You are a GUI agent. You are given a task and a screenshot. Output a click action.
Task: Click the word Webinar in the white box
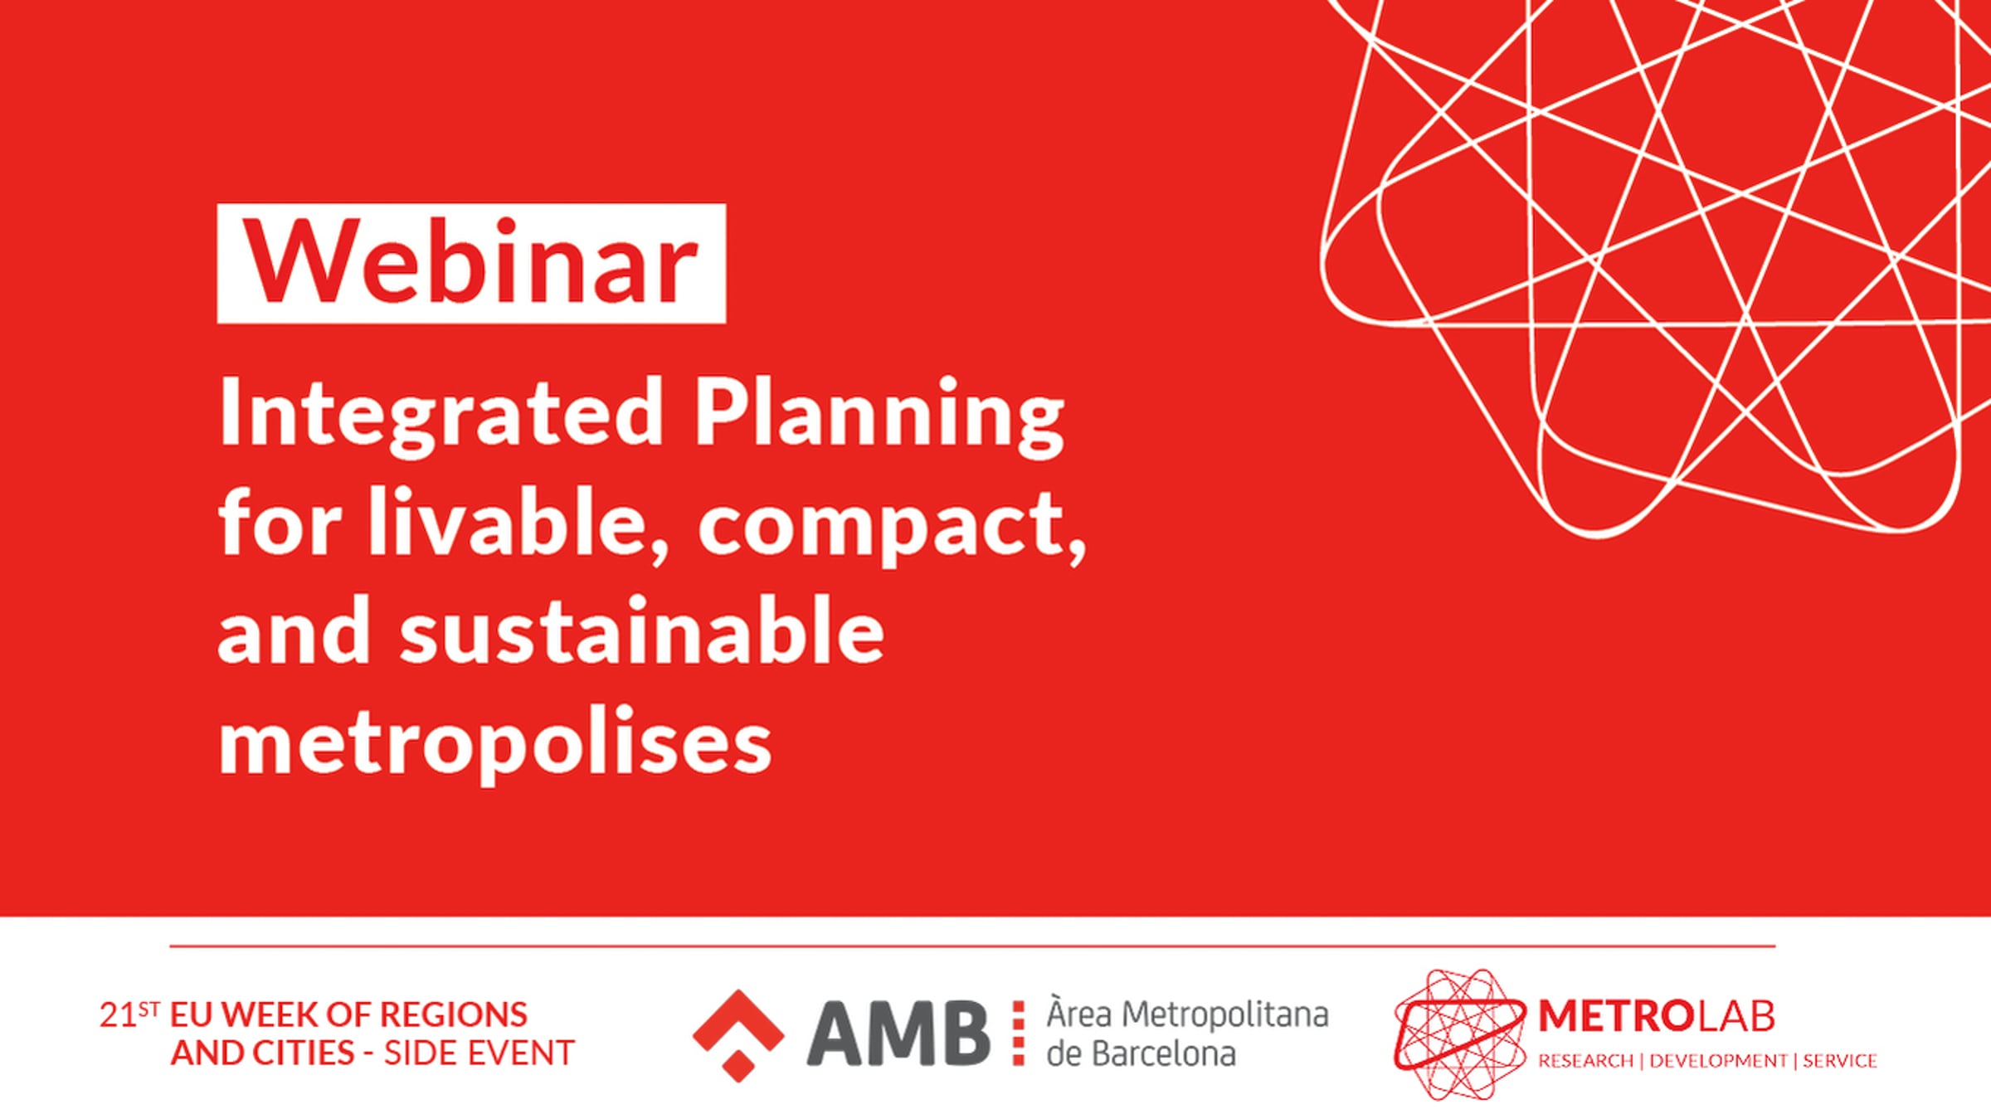click(471, 263)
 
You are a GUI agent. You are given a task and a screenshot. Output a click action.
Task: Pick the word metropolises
click(495, 742)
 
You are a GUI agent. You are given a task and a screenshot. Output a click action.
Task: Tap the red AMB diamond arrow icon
click(738, 1035)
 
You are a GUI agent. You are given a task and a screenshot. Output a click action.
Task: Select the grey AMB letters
click(898, 1034)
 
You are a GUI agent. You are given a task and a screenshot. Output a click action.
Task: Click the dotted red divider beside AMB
click(1019, 1033)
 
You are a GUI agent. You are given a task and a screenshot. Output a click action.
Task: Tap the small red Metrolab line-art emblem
click(1460, 1034)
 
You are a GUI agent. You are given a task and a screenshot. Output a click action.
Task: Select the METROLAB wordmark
click(1656, 1016)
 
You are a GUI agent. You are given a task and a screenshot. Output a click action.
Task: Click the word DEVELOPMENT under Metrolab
click(1718, 1061)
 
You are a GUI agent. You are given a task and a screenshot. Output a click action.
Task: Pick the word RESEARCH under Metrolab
click(1585, 1061)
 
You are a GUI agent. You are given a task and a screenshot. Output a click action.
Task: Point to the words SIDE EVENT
click(479, 1053)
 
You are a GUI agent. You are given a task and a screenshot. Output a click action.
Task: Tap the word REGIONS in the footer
click(453, 1015)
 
